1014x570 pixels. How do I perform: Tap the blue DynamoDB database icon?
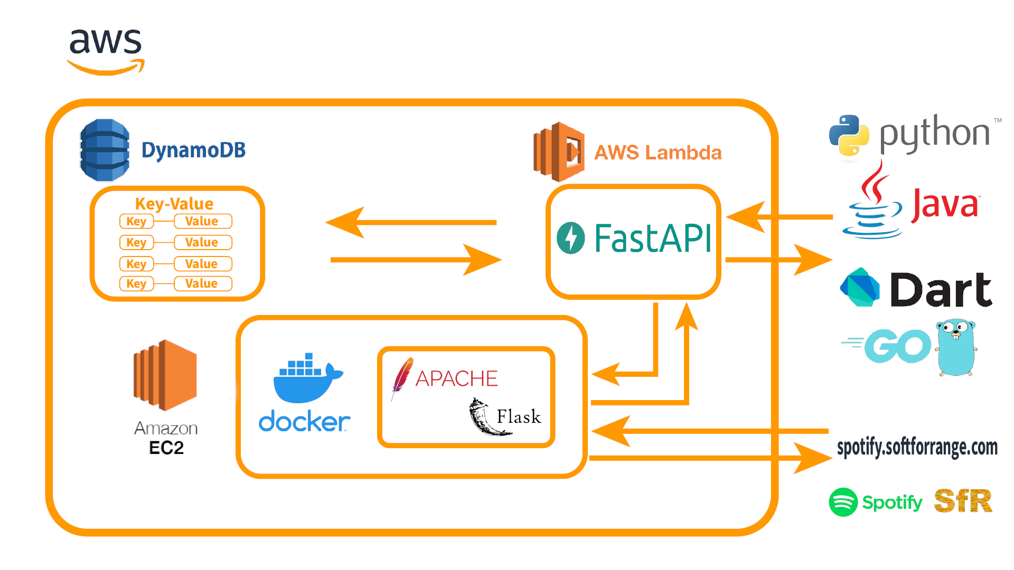(105, 150)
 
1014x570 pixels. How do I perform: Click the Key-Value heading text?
(174, 204)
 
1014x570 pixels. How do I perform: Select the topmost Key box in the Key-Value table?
(136, 222)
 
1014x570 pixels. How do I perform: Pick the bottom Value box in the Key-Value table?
(203, 284)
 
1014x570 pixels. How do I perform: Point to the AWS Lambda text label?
(658, 153)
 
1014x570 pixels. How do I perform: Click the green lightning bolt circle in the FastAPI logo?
(571, 238)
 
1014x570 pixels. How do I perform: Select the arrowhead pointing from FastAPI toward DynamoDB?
(346, 223)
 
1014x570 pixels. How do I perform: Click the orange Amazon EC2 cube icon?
(165, 375)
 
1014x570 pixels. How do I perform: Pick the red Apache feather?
(402, 376)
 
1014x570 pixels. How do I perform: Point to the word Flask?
(519, 417)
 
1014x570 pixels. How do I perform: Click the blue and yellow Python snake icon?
(849, 135)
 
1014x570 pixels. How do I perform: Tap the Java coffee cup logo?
(872, 203)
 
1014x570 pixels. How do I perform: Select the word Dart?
(941, 290)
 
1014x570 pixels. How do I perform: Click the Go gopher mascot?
(956, 347)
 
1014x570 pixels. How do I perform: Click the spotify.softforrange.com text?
(917, 448)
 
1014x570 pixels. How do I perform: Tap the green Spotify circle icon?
(843, 502)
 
